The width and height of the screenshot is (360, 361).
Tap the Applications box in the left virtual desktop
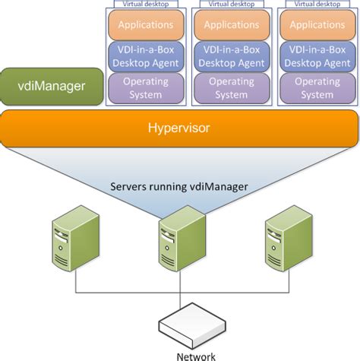[147, 24]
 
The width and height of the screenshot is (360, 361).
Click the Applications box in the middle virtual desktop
[232, 24]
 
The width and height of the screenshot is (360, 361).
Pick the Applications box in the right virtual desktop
[317, 24]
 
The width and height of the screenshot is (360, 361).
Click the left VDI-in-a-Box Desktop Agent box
[147, 56]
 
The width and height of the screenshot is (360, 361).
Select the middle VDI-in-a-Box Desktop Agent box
[232, 56]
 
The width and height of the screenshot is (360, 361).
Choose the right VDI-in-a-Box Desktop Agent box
[317, 56]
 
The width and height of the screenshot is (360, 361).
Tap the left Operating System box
[147, 87]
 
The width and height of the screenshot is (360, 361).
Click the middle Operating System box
[232, 87]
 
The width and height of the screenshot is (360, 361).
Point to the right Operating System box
[317, 87]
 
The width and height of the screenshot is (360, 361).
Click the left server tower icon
[75, 236]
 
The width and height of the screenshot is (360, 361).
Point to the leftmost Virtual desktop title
[147, 4]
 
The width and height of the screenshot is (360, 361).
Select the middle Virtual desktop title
[232, 4]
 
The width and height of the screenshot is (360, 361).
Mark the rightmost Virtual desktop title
[317, 4]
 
